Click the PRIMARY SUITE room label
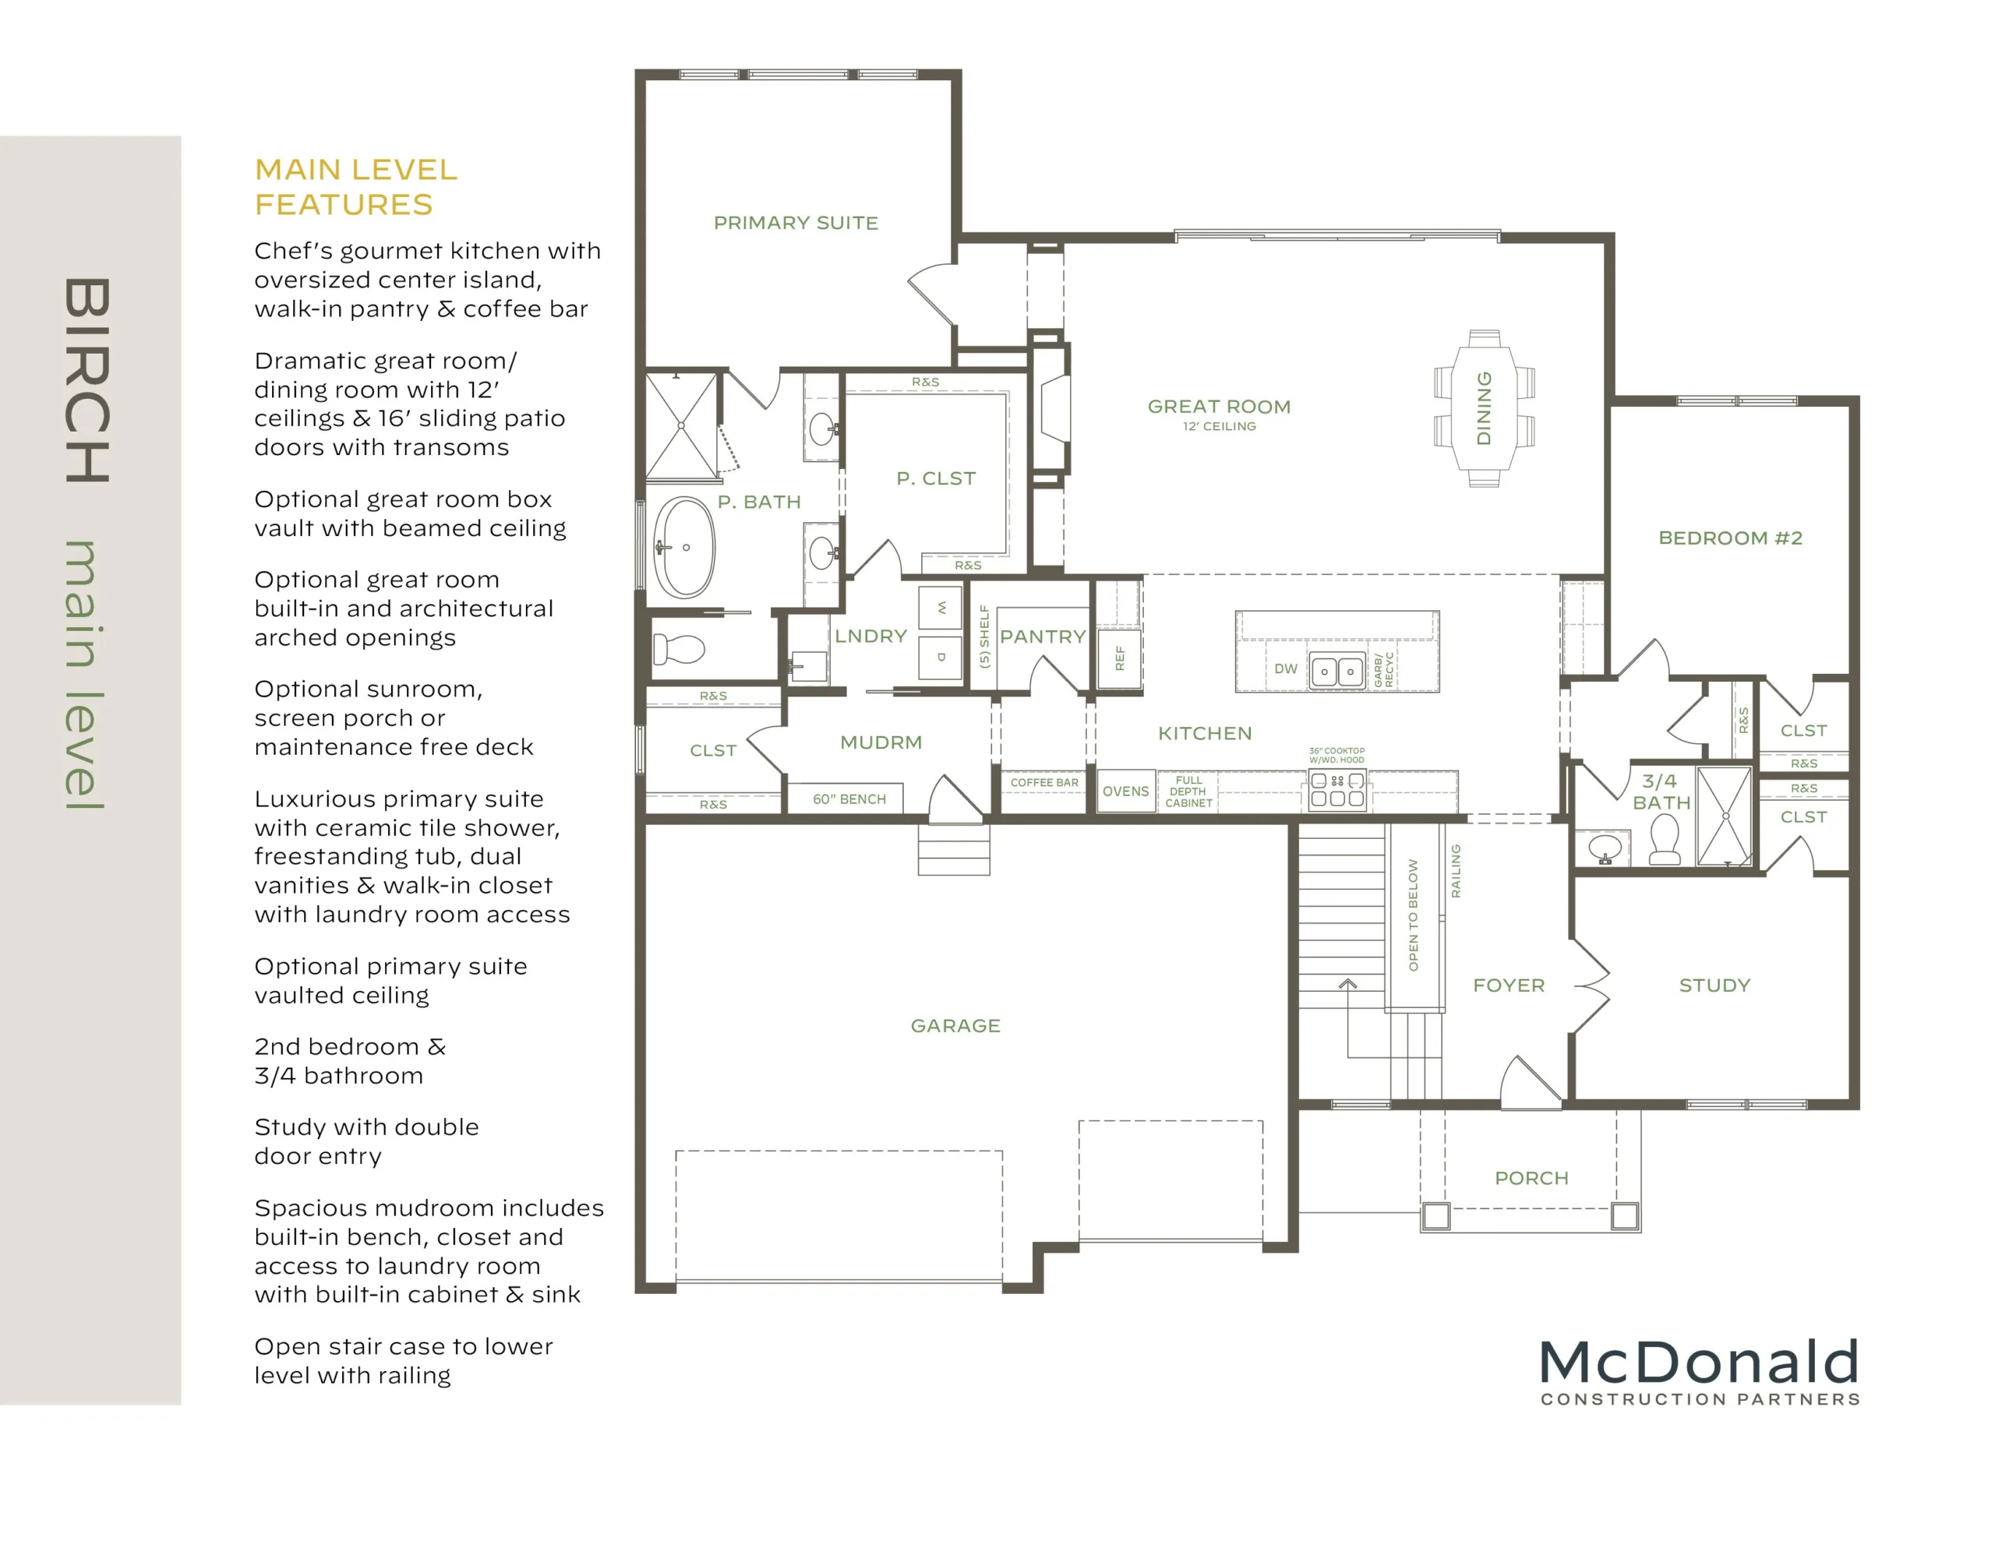point(796,223)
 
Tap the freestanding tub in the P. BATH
point(684,547)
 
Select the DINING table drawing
point(1484,408)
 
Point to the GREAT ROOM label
point(1219,407)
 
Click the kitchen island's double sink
point(1337,672)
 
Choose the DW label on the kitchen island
point(1285,668)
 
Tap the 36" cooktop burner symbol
point(1337,789)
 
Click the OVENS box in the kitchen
point(1125,791)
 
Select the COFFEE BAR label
point(1044,783)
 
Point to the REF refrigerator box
point(1120,658)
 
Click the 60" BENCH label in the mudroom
point(849,799)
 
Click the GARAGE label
point(955,1026)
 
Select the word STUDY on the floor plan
point(1714,986)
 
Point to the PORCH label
point(1532,1179)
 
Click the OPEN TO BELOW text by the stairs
point(1413,915)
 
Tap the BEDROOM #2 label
point(1730,538)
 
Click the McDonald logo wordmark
point(1700,1363)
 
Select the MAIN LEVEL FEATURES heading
point(356,187)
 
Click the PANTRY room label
point(1042,636)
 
